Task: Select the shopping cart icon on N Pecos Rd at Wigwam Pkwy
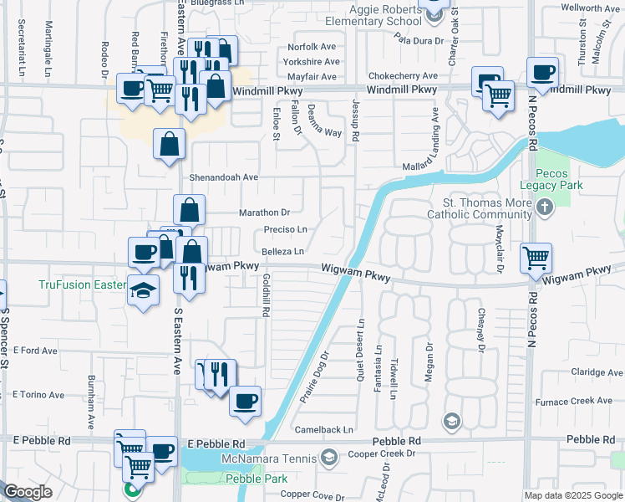(x=536, y=257)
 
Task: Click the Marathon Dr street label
(x=265, y=213)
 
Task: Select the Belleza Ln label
(x=282, y=251)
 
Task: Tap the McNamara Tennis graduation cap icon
(x=329, y=457)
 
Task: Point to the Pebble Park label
(x=257, y=479)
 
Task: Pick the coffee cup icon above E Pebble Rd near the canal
(x=245, y=400)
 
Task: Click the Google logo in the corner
(x=28, y=493)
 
